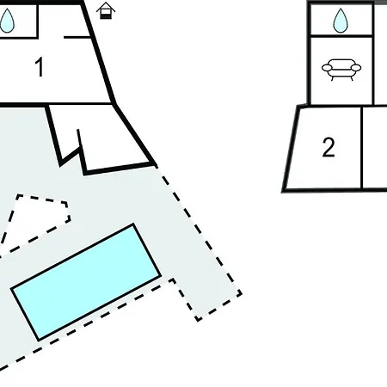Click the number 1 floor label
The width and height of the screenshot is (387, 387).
click(x=40, y=67)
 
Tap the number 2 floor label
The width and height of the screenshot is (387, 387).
click(x=329, y=147)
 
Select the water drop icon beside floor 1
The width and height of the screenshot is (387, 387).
click(x=7, y=20)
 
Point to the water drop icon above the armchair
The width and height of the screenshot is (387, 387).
click(x=341, y=20)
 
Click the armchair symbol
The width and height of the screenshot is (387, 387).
click(x=341, y=70)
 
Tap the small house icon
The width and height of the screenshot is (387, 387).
click(x=106, y=11)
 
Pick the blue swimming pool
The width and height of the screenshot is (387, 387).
click(x=86, y=282)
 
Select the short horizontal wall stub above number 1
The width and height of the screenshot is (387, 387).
click(x=77, y=37)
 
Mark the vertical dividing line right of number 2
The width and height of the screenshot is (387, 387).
click(x=362, y=148)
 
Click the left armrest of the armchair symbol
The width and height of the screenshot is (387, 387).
click(x=327, y=68)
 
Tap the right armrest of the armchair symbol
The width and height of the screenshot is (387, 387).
click(x=356, y=68)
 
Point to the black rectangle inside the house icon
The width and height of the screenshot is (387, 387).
click(x=106, y=15)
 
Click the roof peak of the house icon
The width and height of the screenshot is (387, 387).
click(x=106, y=3)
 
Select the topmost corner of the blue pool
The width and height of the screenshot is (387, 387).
click(x=133, y=224)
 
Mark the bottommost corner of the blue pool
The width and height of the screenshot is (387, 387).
click(x=39, y=341)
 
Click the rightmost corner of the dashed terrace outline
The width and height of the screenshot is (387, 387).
click(x=242, y=293)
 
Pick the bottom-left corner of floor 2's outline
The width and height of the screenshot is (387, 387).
click(x=283, y=191)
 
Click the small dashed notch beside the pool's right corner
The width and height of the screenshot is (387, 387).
click(x=171, y=280)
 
